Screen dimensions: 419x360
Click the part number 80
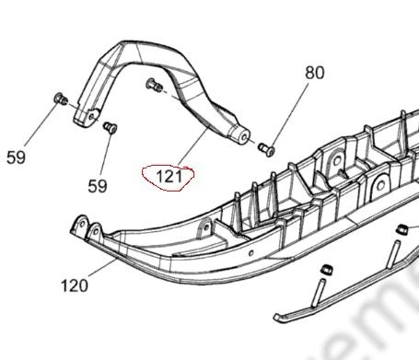pyautogui.click(x=315, y=73)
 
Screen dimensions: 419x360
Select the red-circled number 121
pyautogui.click(x=169, y=177)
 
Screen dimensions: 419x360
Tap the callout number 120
pyautogui.click(x=75, y=285)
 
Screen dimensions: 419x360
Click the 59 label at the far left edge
pyautogui.click(x=16, y=157)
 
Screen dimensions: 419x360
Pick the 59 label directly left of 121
pyautogui.click(x=98, y=186)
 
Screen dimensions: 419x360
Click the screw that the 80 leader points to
pyautogui.click(x=266, y=149)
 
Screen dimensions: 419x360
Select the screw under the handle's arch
pyautogui.click(x=155, y=85)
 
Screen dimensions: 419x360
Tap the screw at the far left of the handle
pyautogui.click(x=61, y=99)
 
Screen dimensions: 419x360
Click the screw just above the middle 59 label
pyautogui.click(x=111, y=127)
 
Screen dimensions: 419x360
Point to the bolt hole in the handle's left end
pyautogui.click(x=91, y=117)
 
